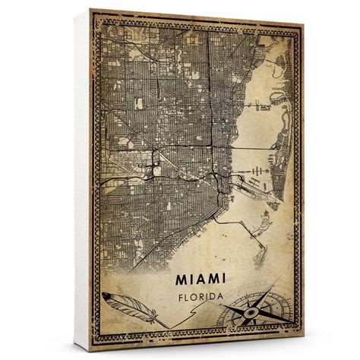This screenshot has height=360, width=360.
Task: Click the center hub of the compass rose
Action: [x=253, y=313]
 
